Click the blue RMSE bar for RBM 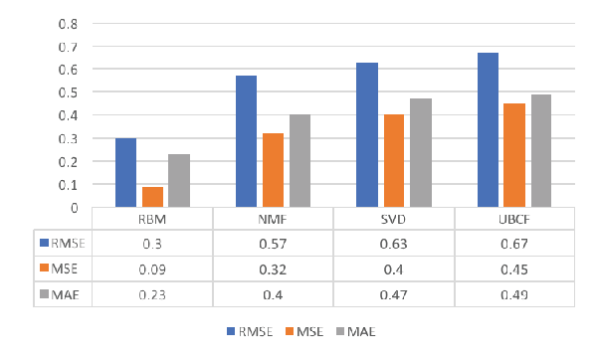click(x=125, y=172)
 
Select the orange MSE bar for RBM click(x=152, y=197)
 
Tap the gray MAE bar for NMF click(x=300, y=160)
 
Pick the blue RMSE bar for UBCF click(x=488, y=129)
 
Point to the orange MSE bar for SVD click(x=394, y=160)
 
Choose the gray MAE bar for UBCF click(x=541, y=151)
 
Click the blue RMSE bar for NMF click(x=246, y=141)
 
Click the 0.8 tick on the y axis click(x=68, y=24)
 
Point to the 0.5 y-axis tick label click(x=68, y=92)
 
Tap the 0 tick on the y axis click(x=74, y=208)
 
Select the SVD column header click(x=393, y=220)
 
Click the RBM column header click(x=152, y=220)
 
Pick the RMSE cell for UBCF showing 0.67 click(x=514, y=244)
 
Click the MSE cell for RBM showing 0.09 click(x=152, y=270)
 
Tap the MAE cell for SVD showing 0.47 click(x=393, y=295)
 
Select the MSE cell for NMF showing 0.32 click(x=273, y=270)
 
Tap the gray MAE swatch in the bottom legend click(x=340, y=331)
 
